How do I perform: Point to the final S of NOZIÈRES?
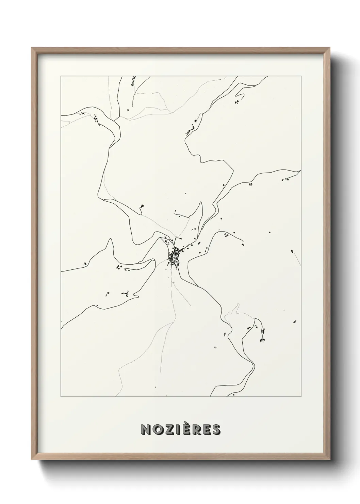216,429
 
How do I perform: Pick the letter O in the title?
158,429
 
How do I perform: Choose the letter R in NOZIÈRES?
198,429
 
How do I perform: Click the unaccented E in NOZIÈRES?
207,429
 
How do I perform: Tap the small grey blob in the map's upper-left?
128,110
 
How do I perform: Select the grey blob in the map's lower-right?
225,334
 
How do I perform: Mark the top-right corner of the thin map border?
300,76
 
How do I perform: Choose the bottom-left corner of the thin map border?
61,396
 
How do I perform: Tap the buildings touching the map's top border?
133,80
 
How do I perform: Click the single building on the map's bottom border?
234,395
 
